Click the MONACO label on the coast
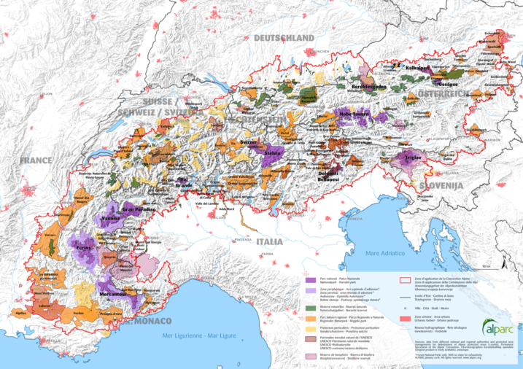tap(151, 321)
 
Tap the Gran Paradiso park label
tap(138, 210)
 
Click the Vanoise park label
tap(110, 218)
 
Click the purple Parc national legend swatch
tap(309, 279)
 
